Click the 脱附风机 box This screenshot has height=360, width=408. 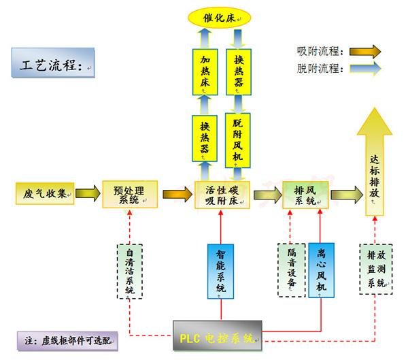point(239,140)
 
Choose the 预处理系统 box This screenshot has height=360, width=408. point(129,194)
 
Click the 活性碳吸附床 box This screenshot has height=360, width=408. point(219,194)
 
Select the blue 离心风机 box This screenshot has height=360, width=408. point(322,269)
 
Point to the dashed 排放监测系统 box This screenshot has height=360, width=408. point(375,269)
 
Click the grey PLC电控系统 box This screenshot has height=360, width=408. point(217,335)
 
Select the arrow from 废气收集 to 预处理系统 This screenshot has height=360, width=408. point(86,194)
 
